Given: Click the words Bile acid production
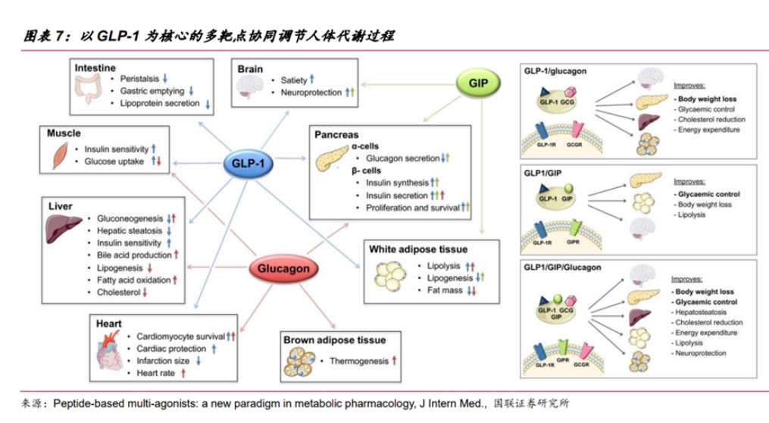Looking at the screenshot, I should [133, 255].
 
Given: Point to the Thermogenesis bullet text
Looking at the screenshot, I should [359, 362].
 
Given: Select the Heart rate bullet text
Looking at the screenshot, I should [155, 373].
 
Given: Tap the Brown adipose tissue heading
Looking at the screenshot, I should [334, 340].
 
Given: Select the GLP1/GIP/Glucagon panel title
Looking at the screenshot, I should [562, 267].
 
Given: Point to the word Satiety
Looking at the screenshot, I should [293, 80].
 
